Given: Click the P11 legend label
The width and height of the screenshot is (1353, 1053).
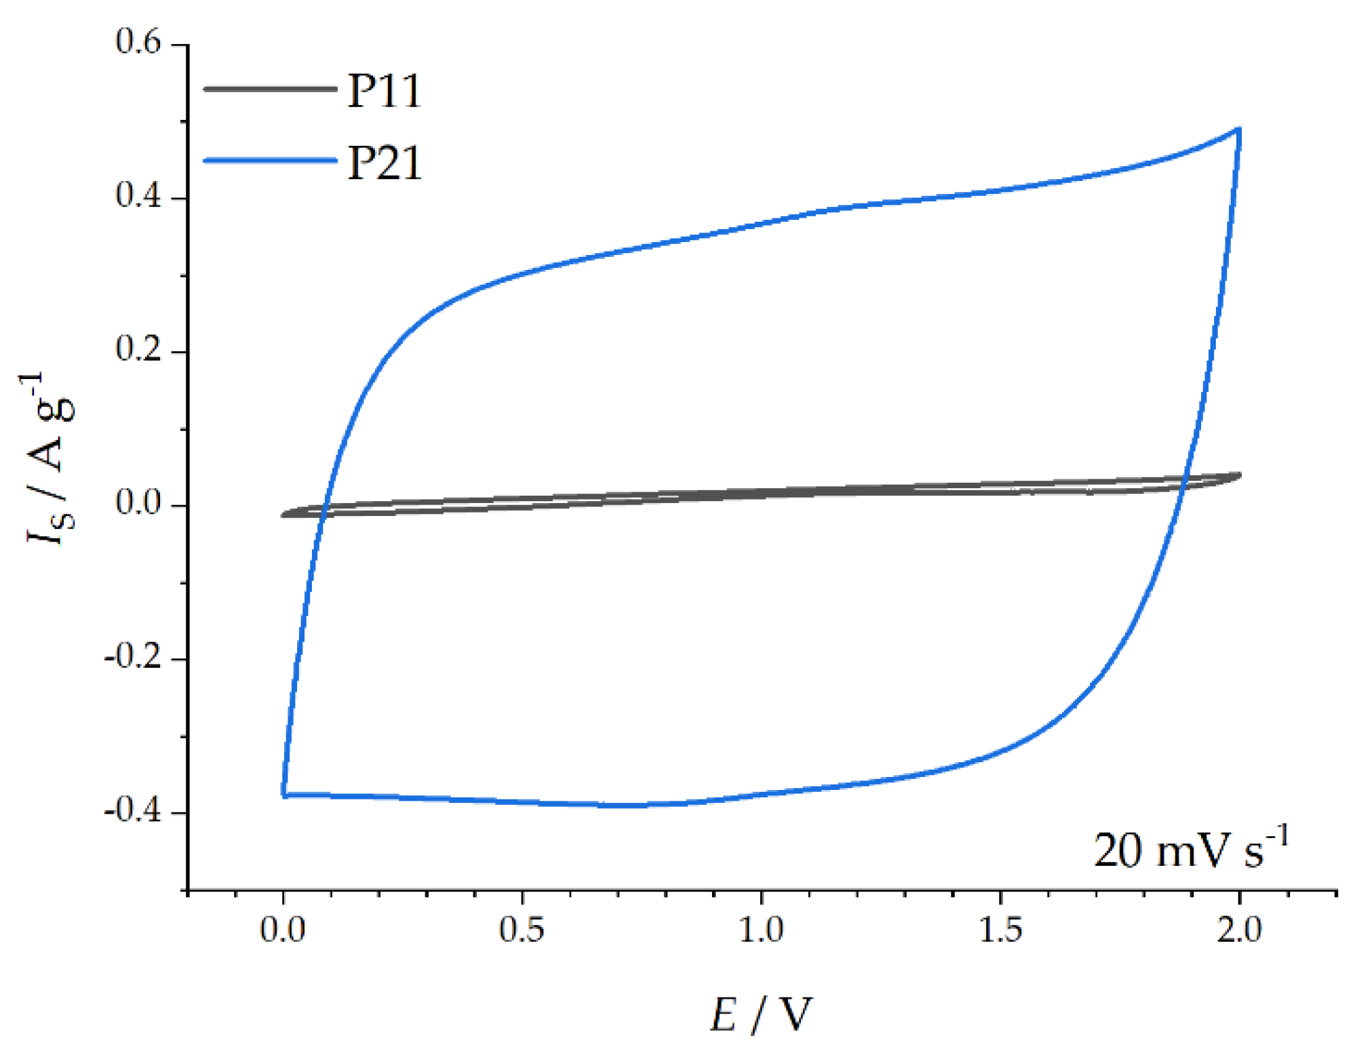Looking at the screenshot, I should (x=385, y=91).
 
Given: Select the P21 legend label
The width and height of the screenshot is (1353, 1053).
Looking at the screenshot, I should (x=385, y=163).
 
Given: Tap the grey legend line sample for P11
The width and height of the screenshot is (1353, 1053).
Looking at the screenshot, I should (x=270, y=89).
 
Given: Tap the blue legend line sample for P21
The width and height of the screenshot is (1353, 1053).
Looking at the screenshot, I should (x=270, y=161).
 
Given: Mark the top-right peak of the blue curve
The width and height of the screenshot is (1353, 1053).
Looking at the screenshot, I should (x=1238, y=129).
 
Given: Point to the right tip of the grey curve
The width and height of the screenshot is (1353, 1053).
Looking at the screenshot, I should (x=1240, y=475).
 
